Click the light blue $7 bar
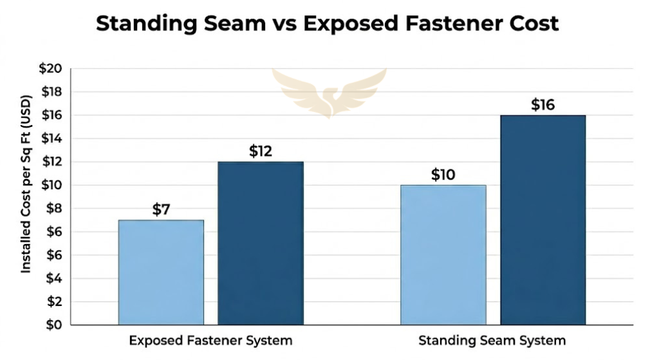[x=161, y=272]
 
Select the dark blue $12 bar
[x=261, y=243]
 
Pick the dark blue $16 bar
[x=543, y=220]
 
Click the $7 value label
[x=161, y=209]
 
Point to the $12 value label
[x=261, y=151]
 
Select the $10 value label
[x=443, y=175]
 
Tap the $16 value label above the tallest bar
[x=543, y=105]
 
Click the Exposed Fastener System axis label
[x=210, y=340]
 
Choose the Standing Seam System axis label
[x=492, y=340]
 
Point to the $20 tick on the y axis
[x=51, y=69]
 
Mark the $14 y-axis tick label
[x=51, y=138]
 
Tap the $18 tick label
[x=51, y=92]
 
